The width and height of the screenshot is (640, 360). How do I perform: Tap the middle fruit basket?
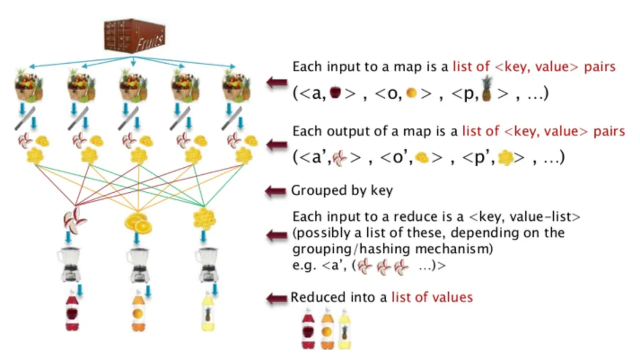[133, 85]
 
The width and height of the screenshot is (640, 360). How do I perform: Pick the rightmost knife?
[232, 118]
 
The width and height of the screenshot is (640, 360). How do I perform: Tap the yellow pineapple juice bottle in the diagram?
[208, 312]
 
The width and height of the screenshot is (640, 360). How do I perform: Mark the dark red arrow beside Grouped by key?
[276, 191]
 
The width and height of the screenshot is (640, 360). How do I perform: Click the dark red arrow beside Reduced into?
[276, 298]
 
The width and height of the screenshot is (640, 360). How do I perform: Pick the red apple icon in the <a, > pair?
[335, 93]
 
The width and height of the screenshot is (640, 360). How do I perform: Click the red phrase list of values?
[432, 297]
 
